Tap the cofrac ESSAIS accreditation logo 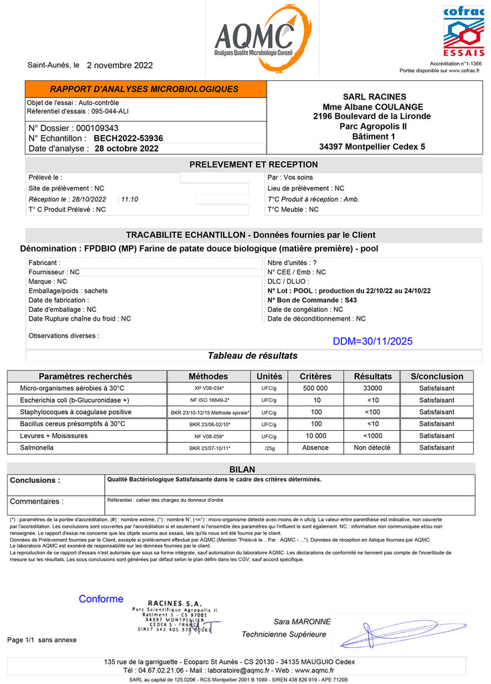464,31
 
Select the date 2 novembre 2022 120,65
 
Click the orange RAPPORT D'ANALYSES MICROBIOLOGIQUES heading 144,89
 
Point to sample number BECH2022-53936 128,138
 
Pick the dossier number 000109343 98,128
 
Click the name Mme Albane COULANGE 373,107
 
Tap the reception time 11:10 130,199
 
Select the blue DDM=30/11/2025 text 373,341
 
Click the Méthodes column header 208,377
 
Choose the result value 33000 373,388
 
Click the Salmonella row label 37,448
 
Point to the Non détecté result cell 373,448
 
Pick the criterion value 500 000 315,388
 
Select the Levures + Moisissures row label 53,436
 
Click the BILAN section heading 242,470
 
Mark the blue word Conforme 101,599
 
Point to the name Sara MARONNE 302,622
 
